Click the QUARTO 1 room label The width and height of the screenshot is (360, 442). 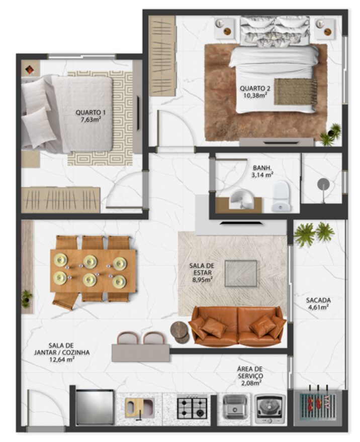(x=91, y=113)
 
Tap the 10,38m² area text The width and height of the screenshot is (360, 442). (x=255, y=95)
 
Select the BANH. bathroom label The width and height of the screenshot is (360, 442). (x=262, y=168)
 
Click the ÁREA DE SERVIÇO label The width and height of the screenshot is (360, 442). (x=250, y=372)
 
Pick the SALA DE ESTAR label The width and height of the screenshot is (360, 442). (x=201, y=269)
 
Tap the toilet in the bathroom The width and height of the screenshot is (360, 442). (x=281, y=196)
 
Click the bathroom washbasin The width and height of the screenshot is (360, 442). (x=240, y=199)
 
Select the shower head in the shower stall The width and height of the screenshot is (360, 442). (x=323, y=185)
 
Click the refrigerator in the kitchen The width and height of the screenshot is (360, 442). (x=95, y=407)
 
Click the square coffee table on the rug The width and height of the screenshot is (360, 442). (x=241, y=273)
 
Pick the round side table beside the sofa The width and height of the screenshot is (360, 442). (x=179, y=332)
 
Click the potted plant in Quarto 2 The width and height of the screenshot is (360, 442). (x=331, y=135)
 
